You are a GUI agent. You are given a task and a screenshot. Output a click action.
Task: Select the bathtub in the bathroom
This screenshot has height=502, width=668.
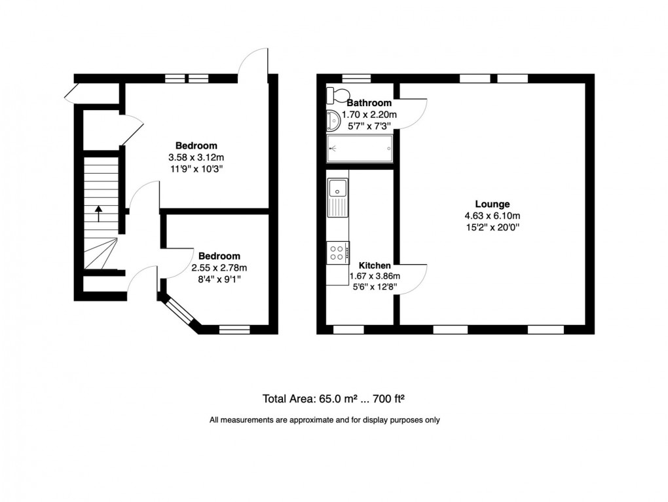(360, 148)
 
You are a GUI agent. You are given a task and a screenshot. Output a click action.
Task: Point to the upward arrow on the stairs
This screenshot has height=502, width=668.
(98, 214)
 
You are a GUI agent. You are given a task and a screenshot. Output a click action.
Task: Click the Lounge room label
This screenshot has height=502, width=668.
(493, 204)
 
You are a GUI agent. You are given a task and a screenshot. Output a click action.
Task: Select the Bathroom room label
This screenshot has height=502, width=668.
(369, 103)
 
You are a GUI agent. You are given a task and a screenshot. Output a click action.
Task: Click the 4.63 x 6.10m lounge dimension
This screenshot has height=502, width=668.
(493, 216)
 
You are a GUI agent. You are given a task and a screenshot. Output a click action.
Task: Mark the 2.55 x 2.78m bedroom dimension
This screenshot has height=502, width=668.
(219, 267)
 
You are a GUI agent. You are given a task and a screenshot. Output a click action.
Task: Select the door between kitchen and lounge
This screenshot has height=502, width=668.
(411, 279)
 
